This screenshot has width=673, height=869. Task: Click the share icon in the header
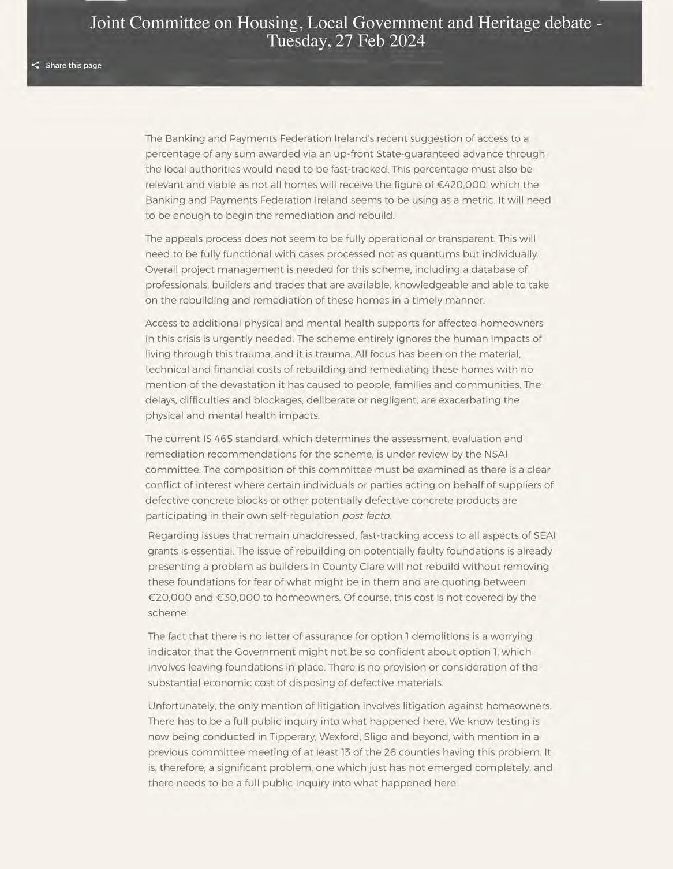point(35,65)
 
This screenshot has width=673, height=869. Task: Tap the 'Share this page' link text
point(73,65)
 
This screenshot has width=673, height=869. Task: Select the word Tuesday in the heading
point(295,42)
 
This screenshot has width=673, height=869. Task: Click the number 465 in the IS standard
point(223,439)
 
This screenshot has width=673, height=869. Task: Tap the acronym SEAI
point(544,535)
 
